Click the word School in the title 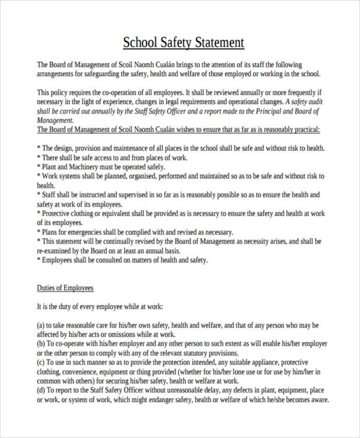point(139,43)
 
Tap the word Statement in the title point(217,43)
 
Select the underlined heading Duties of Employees point(65,287)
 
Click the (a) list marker point(42,325)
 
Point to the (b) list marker point(42,344)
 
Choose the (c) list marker point(42,362)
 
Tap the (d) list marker point(42,391)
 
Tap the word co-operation point(113,93)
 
